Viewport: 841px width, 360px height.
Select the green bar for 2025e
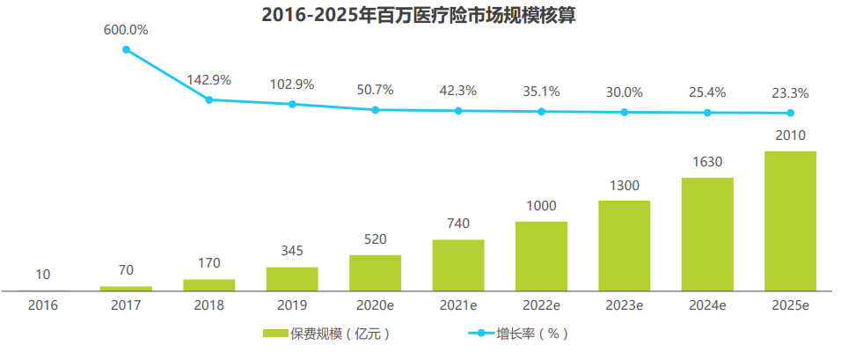pyautogui.click(x=790, y=220)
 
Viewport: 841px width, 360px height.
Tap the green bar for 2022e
pyautogui.click(x=541, y=255)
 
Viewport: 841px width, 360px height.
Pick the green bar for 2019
pyautogui.click(x=292, y=278)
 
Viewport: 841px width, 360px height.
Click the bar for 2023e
pyautogui.click(x=625, y=245)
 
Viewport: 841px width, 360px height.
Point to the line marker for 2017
pyautogui.click(x=126, y=49)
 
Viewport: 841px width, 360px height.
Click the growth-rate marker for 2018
pyautogui.click(x=209, y=99)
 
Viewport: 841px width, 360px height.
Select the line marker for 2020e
pyautogui.click(x=376, y=110)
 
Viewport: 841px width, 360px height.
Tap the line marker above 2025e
pyautogui.click(x=790, y=113)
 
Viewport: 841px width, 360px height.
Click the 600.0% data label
pyautogui.click(x=126, y=30)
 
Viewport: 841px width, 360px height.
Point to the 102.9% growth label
pyautogui.click(x=292, y=84)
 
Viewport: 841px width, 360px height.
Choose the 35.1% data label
pyautogui.click(x=541, y=91)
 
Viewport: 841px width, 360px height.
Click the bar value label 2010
pyautogui.click(x=790, y=136)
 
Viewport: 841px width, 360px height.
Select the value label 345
pyautogui.click(x=292, y=251)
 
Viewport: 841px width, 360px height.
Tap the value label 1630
pyautogui.click(x=707, y=162)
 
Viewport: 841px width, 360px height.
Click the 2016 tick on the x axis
pyautogui.click(x=43, y=305)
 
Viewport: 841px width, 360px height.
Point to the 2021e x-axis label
pyautogui.click(x=457, y=305)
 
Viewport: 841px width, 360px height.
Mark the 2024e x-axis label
pyautogui.click(x=707, y=305)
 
